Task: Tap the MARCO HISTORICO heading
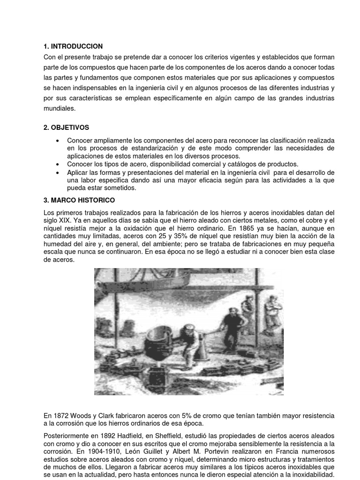click(x=82, y=200)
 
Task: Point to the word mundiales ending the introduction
click(x=59, y=108)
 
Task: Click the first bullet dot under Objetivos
click(x=57, y=141)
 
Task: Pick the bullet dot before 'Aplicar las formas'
click(x=57, y=172)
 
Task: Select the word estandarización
click(x=136, y=148)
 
